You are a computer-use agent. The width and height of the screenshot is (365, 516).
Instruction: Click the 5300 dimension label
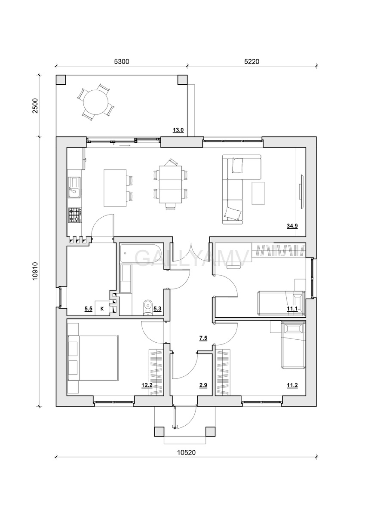pyautogui.click(x=122, y=61)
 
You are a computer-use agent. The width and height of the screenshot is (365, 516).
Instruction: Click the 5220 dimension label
pyautogui.click(x=252, y=61)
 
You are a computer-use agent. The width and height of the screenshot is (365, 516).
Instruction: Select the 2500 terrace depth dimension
pyautogui.click(x=35, y=106)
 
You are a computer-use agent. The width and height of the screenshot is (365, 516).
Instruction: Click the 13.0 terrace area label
pyautogui.click(x=178, y=130)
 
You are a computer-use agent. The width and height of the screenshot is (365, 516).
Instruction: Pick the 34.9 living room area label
pyautogui.click(x=292, y=226)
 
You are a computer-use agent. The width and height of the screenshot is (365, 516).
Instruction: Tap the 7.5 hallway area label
pyautogui.click(x=203, y=338)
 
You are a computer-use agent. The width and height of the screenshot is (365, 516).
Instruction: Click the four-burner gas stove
pyautogui.click(x=75, y=215)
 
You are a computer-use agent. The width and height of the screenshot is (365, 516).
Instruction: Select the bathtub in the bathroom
pyautogui.click(x=141, y=253)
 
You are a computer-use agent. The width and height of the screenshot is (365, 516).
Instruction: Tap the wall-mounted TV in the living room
pyautogui.click(x=301, y=192)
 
